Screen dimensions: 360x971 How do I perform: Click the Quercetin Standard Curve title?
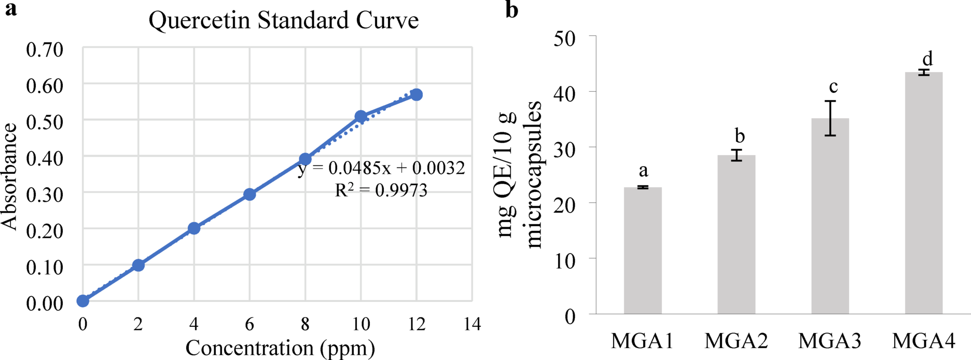tap(283, 21)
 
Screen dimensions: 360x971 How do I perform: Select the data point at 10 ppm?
tap(361, 116)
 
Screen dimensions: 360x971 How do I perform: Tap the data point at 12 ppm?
tap(416, 94)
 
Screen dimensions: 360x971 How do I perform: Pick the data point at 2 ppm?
tap(138, 265)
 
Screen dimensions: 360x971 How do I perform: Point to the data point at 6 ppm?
tap(249, 194)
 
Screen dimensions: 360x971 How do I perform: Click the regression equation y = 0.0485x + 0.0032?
tap(382, 168)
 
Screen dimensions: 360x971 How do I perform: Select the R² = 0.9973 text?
tap(381, 190)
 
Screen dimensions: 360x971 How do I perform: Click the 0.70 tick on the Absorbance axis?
tap(45, 50)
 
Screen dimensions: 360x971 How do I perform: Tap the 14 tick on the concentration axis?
tap(472, 325)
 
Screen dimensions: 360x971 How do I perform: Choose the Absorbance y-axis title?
tap(9, 176)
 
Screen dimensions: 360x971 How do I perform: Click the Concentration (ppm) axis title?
tap(280, 348)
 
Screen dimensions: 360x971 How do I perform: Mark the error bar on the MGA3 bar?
tap(830, 118)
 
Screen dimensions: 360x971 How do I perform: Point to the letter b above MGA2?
tap(740, 136)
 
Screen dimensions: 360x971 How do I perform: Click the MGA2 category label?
tap(736, 341)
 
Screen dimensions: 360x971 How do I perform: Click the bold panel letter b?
tap(511, 10)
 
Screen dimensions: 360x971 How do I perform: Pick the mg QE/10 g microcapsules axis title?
tap(520, 175)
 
